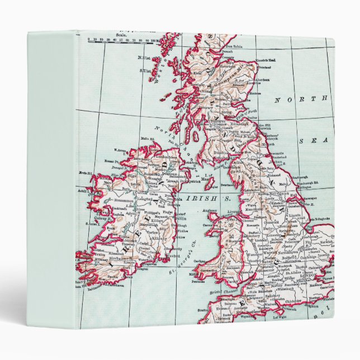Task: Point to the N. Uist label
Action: click(145, 58)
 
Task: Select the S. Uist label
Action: click(144, 70)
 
